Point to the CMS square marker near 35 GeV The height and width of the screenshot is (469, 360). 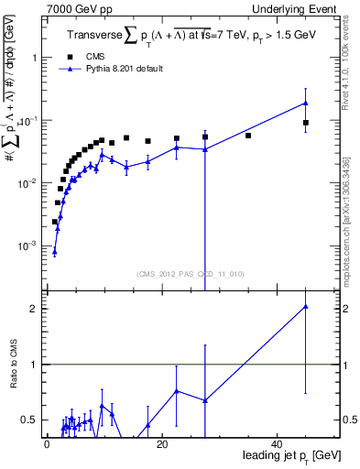248,136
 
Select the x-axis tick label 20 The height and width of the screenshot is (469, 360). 161,444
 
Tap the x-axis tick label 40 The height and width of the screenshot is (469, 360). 277,444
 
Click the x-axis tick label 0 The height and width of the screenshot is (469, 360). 46,444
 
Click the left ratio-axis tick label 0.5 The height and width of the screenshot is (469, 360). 28,420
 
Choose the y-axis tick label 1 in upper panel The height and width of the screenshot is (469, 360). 33,57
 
